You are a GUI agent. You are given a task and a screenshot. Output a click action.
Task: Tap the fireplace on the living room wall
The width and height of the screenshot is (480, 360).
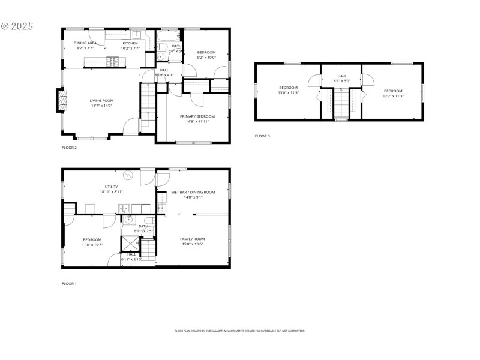coord(61,101)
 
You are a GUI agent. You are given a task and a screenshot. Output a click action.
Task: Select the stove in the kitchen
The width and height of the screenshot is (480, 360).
coord(112,61)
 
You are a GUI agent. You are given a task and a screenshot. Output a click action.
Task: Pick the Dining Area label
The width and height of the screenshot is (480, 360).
coord(85,43)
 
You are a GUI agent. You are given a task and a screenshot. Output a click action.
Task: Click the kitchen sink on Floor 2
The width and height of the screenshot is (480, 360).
coord(136,34)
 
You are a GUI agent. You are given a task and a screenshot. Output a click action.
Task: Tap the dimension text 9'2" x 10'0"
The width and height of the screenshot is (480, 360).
coord(206,58)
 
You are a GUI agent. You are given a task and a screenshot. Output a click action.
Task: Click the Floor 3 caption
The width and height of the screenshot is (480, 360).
coord(262,136)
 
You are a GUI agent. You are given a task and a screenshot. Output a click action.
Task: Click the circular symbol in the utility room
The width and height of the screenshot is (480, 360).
coord(128,175)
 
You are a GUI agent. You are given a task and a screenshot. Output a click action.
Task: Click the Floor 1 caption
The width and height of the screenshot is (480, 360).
coord(69,283)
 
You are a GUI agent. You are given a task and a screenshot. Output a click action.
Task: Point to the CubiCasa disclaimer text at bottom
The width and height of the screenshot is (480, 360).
coord(239,331)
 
